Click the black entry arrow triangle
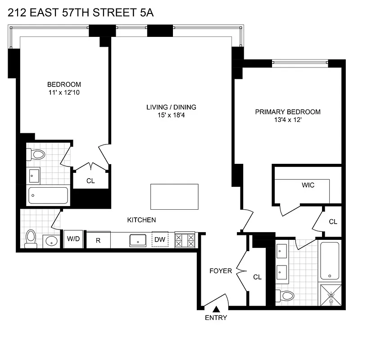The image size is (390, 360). tap(216, 309)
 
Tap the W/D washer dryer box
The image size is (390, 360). tap(73, 239)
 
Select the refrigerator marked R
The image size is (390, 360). tap(98, 240)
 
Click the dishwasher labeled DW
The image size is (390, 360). tap(160, 239)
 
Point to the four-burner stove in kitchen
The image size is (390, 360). tap(185, 239)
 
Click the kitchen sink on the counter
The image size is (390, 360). tap(137, 240)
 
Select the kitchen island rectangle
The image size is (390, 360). tap(174, 197)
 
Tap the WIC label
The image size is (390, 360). tap(308, 185)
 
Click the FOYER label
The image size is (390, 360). tap(221, 271)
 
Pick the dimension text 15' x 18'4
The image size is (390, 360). tap(171, 116)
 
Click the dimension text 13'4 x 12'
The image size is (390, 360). tap(288, 121)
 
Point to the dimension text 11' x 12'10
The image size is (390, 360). tap(64, 93)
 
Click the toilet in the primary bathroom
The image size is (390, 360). tap(285, 296)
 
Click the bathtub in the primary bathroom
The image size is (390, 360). tap(331, 261)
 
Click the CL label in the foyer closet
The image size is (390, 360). tap(257, 277)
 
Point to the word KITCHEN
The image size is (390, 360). tap(141, 220)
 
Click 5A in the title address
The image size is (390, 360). tap(145, 13)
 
